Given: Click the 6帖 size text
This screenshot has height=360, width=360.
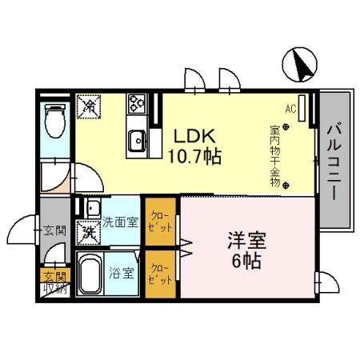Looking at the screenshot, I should click(x=246, y=262).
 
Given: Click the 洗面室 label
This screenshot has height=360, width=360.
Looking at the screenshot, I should click(x=120, y=222).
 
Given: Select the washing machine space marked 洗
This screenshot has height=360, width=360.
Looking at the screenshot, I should click(x=87, y=233).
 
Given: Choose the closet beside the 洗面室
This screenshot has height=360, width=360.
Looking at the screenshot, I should click(x=160, y=222).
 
